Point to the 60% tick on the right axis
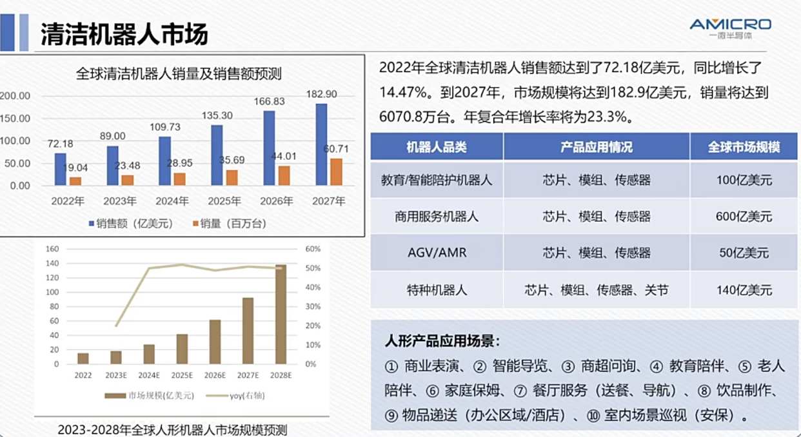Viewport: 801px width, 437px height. pos(313,249)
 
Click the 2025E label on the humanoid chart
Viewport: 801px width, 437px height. pos(182,375)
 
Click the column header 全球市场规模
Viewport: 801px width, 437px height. pos(744,147)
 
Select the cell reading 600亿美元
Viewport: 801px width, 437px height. pos(744,217)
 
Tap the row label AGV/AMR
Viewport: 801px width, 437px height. pos(437,253)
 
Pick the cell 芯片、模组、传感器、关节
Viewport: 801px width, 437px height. pos(597,290)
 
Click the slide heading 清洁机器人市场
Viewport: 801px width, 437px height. pos(124,34)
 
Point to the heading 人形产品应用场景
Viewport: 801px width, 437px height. pos(442,340)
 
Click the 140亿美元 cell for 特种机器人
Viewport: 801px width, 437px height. pos(744,290)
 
